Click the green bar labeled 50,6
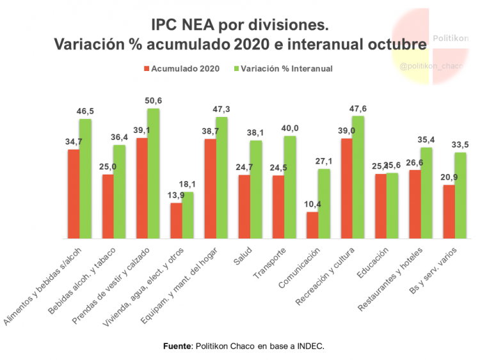(x=154, y=173)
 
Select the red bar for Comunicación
(x=312, y=224)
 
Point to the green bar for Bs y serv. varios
(x=460, y=194)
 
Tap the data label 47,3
(x=222, y=109)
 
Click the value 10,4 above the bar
(x=312, y=204)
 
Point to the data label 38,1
(x=256, y=133)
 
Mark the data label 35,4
(x=426, y=140)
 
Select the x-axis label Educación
(x=371, y=262)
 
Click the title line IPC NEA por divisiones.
(x=239, y=26)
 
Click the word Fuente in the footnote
(x=177, y=346)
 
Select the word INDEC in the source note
(x=310, y=346)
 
